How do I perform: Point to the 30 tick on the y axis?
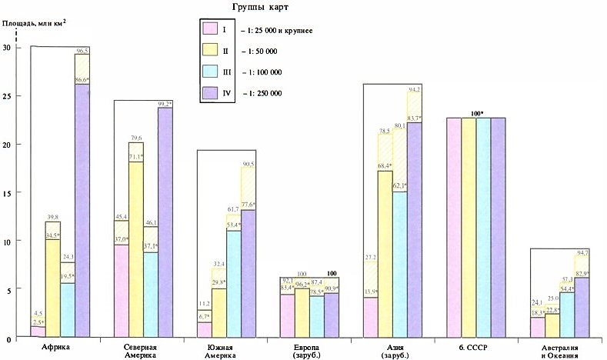click(8, 48)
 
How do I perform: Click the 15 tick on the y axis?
click(8, 193)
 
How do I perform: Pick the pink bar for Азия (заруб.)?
click(369, 318)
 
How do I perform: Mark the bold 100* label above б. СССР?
click(478, 114)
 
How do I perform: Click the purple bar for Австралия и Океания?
click(582, 308)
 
